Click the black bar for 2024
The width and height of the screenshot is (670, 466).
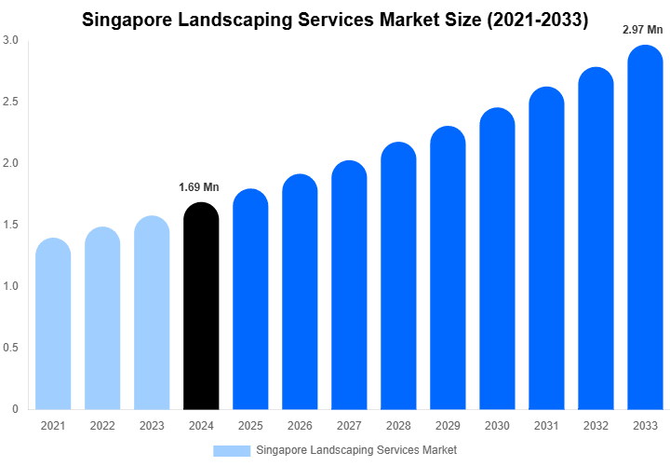click(x=201, y=308)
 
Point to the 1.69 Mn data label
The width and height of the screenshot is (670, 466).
click(x=199, y=187)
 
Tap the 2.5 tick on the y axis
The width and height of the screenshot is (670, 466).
click(x=10, y=102)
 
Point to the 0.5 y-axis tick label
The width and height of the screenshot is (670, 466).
click(x=10, y=348)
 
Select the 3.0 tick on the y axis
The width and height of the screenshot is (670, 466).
click(x=10, y=40)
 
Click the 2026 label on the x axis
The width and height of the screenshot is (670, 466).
click(x=300, y=425)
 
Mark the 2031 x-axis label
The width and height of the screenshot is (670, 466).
click(x=547, y=425)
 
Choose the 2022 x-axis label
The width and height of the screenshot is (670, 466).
click(x=102, y=425)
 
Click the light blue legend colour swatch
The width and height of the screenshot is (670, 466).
click(x=232, y=450)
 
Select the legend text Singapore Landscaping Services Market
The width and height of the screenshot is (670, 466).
click(x=356, y=450)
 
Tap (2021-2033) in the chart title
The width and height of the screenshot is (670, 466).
click(x=531, y=20)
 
